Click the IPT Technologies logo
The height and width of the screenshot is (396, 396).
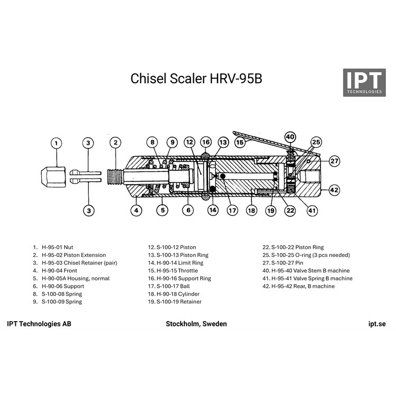point(364,82)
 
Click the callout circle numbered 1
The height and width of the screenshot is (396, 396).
point(56,143)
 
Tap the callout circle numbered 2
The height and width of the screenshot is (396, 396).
point(116,143)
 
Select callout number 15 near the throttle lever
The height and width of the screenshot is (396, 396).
point(240,143)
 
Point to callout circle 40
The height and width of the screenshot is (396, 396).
point(290,137)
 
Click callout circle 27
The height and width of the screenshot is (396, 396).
point(334,161)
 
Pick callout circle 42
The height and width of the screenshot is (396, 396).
point(334,190)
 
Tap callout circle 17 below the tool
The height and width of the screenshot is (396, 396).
point(232,210)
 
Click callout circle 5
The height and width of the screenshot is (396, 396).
point(163,210)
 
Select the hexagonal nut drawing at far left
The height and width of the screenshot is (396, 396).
point(53,177)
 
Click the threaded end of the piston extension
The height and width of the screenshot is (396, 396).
point(115,176)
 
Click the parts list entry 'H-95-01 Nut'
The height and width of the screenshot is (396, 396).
point(58,247)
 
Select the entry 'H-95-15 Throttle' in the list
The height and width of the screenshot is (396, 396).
point(177,270)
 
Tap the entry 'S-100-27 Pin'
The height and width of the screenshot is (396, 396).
point(287,262)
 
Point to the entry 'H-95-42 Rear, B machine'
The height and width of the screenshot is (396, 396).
point(303,286)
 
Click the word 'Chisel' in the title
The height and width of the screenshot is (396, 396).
point(148,78)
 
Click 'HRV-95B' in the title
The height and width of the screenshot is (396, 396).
point(236,78)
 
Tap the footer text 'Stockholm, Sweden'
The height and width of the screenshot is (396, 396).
point(196,324)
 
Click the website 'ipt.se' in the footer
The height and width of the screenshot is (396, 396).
point(377,324)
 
